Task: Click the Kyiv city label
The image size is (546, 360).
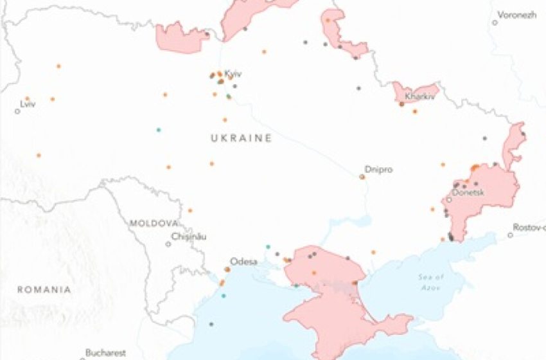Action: tap(233, 74)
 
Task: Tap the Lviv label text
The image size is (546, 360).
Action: tap(28, 104)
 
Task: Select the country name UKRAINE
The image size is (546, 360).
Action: tap(241, 138)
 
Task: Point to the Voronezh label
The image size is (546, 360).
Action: tap(518, 15)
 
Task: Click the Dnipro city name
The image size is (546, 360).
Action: tap(378, 170)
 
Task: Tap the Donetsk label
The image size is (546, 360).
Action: tap(468, 192)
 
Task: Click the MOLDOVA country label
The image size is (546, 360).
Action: tap(154, 223)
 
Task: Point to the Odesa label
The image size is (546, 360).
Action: tap(243, 262)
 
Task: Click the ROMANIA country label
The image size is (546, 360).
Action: tap(44, 290)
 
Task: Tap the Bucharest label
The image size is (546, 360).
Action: tap(107, 352)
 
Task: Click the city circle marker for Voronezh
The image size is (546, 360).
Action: tap(495, 22)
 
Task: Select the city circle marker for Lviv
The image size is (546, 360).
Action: tap(17, 111)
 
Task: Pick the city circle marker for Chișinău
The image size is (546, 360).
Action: tap(168, 244)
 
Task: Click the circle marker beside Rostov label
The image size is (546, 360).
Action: tap(510, 235)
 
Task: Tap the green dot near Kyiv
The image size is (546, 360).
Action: tap(229, 96)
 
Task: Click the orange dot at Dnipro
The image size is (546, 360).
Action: tap(362, 176)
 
